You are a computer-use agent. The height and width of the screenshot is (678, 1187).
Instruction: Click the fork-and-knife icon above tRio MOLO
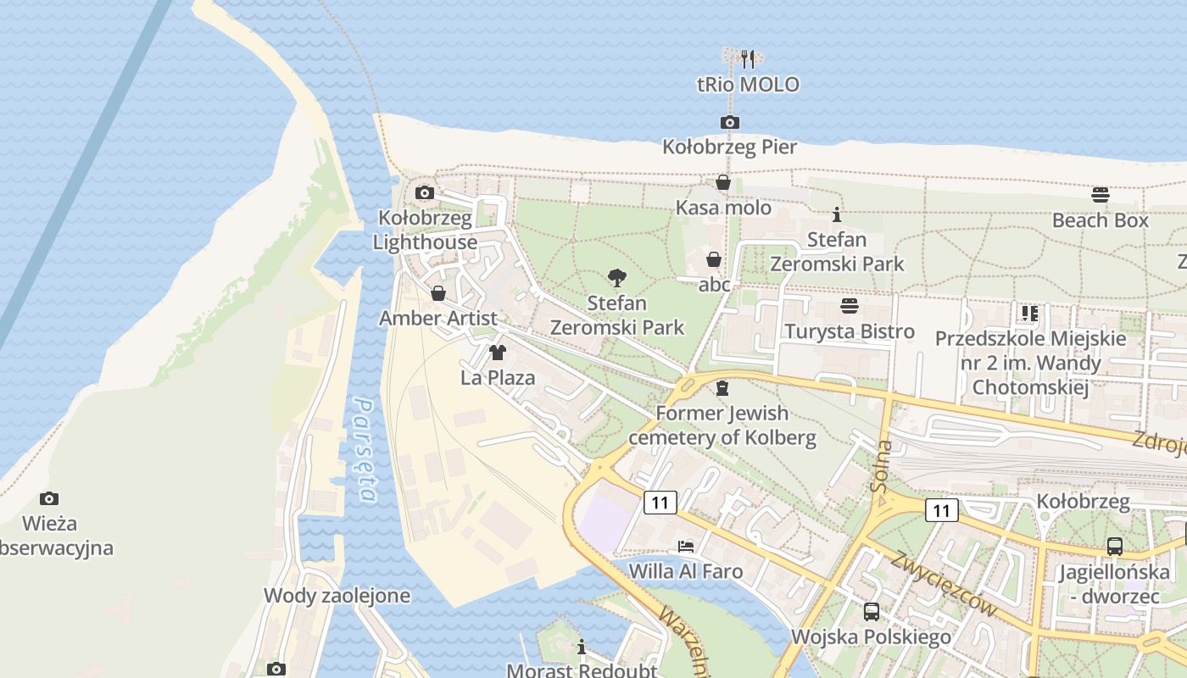point(747,58)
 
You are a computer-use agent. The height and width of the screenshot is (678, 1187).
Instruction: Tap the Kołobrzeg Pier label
point(729,147)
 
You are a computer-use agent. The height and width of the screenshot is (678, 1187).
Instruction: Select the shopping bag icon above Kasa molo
point(723,182)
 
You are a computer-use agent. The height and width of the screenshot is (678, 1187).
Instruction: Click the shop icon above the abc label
point(714,259)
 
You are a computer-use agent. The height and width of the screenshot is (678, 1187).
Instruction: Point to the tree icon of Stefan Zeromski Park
point(617,277)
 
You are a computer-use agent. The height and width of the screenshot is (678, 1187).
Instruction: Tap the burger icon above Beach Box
point(1101,195)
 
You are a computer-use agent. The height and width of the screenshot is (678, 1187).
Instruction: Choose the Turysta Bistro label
point(850,331)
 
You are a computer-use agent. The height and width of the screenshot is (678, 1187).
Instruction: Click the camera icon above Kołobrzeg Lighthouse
point(425,193)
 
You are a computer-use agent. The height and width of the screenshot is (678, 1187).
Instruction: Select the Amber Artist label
point(437,319)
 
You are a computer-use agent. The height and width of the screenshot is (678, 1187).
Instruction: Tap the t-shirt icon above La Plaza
point(498,352)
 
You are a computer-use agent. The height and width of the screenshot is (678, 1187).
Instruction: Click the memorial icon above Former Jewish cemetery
point(722,388)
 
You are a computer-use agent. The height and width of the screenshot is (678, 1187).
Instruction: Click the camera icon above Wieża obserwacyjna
point(49,498)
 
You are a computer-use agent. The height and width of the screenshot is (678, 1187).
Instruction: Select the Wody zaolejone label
point(337,596)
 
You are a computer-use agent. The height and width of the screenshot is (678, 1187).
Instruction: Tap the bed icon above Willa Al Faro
point(685,546)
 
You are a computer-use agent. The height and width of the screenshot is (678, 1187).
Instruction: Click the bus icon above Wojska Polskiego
point(871,611)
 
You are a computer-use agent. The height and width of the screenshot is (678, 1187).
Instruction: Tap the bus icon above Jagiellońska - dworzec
point(1114,547)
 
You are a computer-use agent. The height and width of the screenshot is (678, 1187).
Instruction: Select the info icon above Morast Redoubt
point(581,647)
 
